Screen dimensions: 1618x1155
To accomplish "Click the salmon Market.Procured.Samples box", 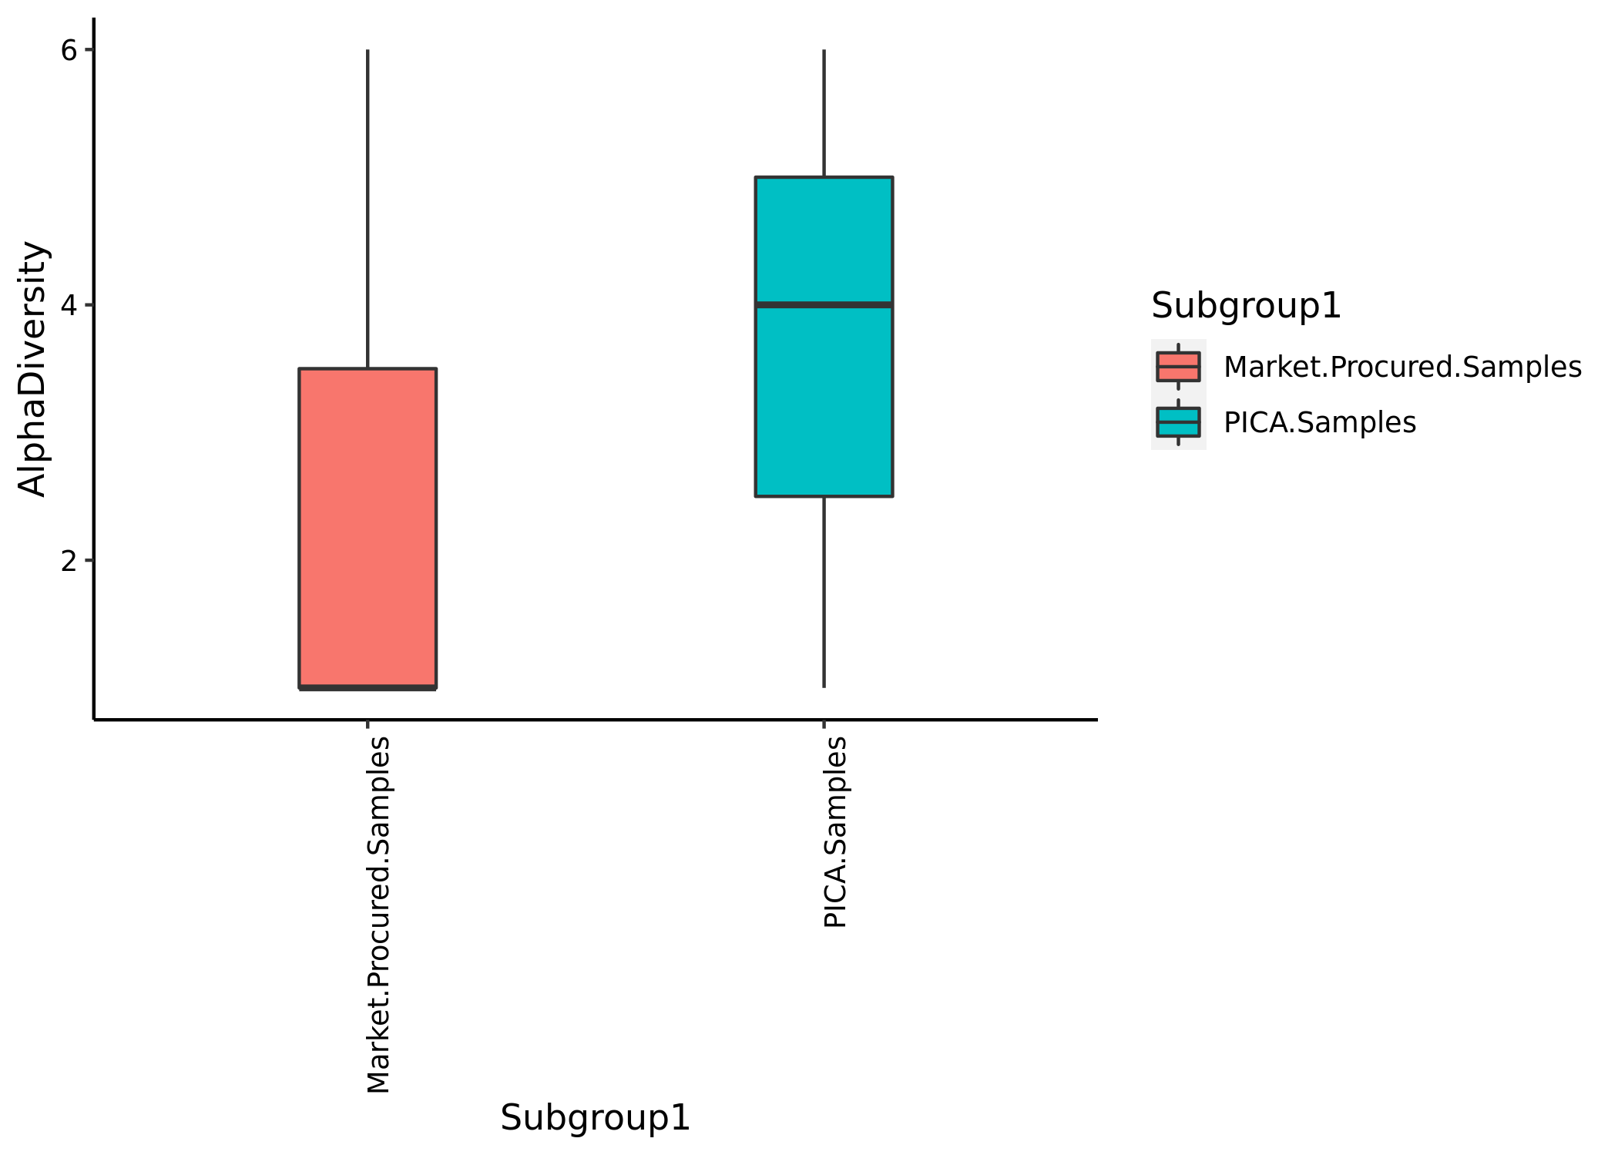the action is click(368, 529).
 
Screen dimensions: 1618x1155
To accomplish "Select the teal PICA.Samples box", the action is click(824, 337).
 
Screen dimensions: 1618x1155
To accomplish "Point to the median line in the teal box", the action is click(824, 305).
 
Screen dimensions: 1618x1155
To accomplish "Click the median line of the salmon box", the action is click(368, 687).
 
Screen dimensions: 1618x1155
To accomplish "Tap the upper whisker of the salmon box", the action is click(368, 209).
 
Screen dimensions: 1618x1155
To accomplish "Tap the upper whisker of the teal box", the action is click(824, 113).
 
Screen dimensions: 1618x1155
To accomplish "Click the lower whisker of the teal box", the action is click(824, 592).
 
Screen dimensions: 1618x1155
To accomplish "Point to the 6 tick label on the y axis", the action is click(69, 51).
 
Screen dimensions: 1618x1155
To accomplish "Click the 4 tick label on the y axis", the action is click(69, 306).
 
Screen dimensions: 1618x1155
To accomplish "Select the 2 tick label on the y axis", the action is click(69, 561).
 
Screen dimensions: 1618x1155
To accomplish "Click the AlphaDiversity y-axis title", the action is click(32, 369).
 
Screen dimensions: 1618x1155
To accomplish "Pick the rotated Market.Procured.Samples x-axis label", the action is click(378, 915).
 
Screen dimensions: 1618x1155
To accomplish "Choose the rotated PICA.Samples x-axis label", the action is click(835, 832).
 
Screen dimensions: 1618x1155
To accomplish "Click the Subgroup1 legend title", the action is click(1246, 306).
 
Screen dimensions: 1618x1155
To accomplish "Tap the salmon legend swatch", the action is click(1178, 367).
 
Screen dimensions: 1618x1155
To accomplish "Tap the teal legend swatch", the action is click(1178, 422).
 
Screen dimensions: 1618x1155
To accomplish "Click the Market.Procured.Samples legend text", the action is click(1402, 368).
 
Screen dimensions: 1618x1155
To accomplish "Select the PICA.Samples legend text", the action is click(1320, 423).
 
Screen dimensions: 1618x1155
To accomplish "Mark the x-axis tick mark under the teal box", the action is click(824, 724).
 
